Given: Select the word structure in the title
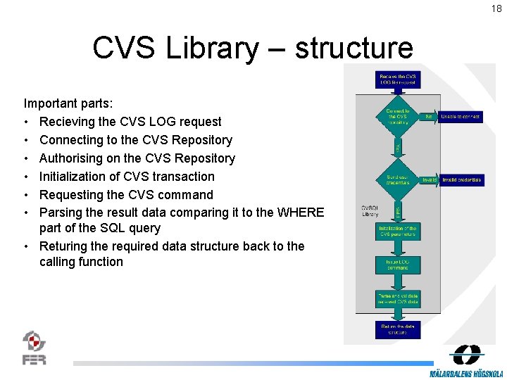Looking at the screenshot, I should coord(353,48).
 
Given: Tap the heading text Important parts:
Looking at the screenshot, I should coord(68,103).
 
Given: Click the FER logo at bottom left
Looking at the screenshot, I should coord(35,348).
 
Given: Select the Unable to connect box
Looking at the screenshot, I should coord(461,116).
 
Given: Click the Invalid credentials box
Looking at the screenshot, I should coord(461,180).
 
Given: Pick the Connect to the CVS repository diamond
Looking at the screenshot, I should coord(398,117).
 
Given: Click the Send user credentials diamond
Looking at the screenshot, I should coord(398,180).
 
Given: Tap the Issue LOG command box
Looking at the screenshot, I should coord(398,264).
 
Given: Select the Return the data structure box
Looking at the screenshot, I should coord(398,329).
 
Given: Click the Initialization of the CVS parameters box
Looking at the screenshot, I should coord(398,232).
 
